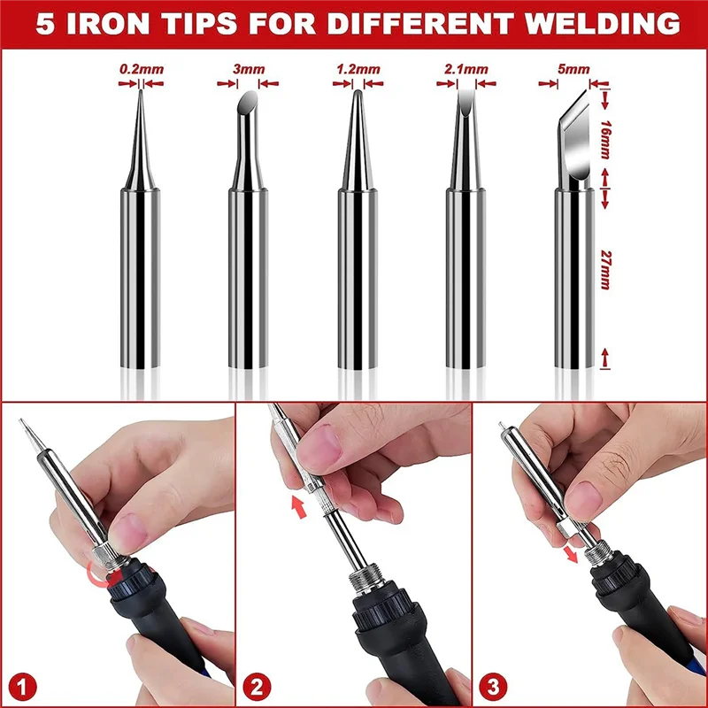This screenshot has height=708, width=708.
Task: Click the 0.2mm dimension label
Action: (142, 66)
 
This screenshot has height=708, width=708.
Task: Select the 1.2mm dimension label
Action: (356, 66)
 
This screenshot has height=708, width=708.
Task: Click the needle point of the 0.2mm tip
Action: (141, 97)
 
